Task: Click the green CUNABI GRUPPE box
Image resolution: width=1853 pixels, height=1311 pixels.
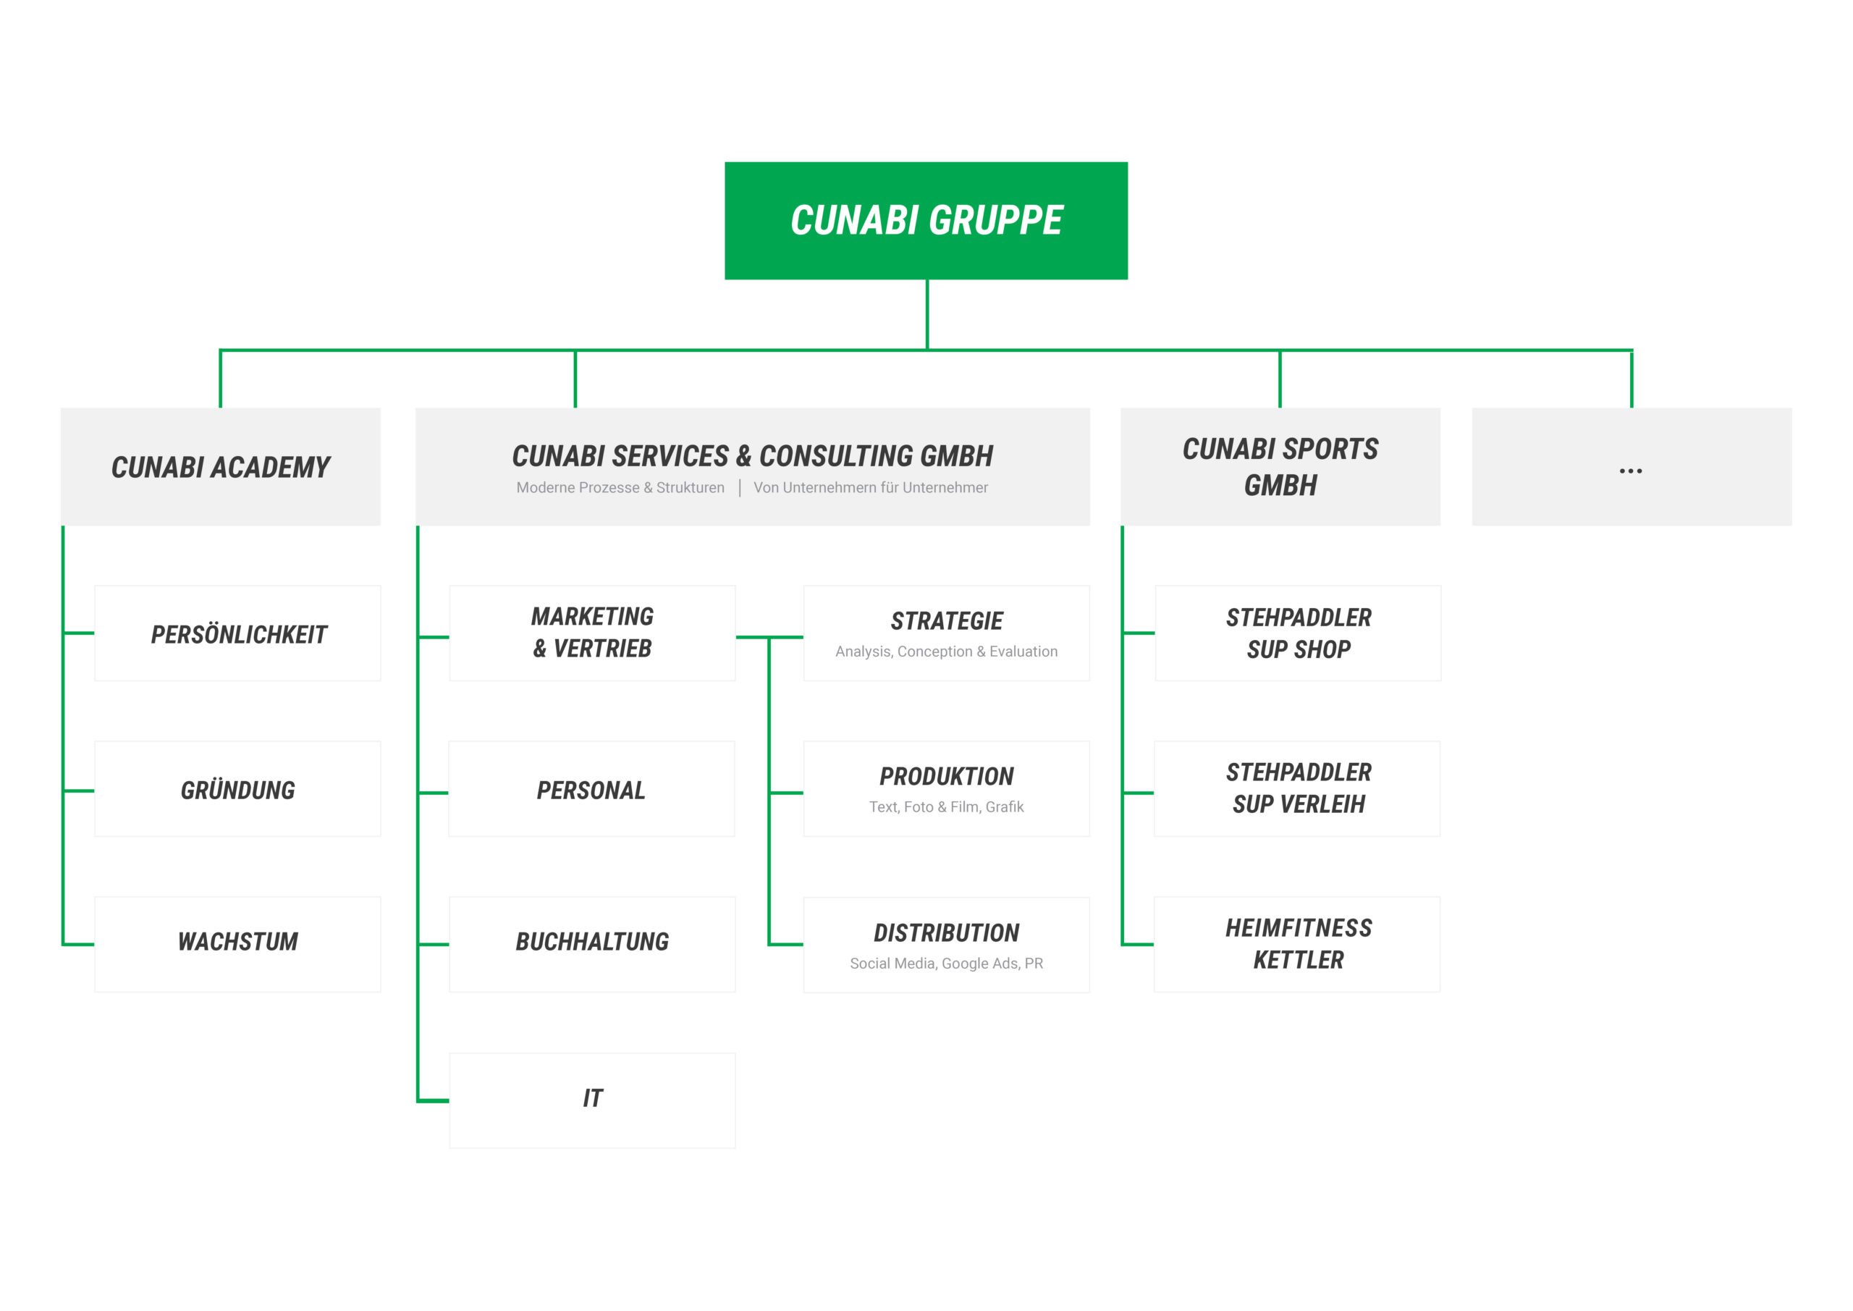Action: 926,220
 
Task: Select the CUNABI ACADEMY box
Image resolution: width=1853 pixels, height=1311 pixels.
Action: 220,467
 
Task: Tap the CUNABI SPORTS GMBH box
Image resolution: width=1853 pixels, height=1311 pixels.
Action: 1280,467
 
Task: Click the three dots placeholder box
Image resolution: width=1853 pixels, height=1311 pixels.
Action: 1632,467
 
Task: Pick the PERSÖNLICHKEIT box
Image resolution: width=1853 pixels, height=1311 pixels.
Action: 237,633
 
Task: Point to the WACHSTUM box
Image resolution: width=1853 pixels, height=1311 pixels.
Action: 237,944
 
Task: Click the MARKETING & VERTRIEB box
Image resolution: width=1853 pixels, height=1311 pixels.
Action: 591,633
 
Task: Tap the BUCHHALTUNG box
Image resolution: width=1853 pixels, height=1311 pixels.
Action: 591,944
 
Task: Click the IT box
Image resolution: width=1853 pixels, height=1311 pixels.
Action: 591,1100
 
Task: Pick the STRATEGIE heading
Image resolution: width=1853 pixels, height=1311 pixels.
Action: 947,621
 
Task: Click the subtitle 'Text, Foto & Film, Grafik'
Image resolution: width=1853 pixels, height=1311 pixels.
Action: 946,806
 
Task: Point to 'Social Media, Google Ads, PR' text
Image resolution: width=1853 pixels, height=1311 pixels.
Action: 946,963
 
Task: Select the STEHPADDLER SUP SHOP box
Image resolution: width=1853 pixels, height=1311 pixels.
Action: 1298,633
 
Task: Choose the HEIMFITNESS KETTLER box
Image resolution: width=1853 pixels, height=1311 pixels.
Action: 1298,944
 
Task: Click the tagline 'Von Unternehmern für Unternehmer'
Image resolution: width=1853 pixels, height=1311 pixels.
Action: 870,488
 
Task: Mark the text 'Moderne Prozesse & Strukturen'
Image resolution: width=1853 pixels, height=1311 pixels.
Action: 620,488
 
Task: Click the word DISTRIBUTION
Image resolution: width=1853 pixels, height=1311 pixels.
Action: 947,933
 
